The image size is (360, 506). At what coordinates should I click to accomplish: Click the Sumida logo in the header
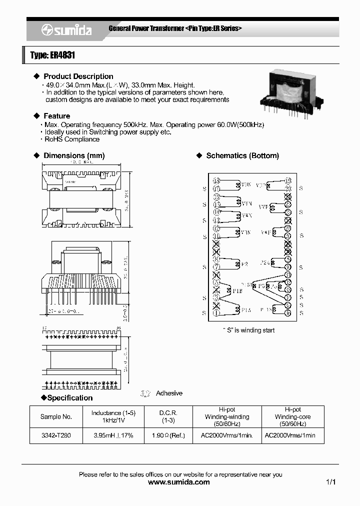pyautogui.click(x=66, y=30)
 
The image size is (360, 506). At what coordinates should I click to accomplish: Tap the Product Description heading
pyautogui.click(x=78, y=76)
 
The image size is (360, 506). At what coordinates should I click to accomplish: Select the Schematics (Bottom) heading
pyautogui.click(x=242, y=156)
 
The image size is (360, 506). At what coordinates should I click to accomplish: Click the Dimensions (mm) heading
pyautogui.click(x=74, y=156)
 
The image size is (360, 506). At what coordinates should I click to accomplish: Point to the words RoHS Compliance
pyautogui.click(x=72, y=139)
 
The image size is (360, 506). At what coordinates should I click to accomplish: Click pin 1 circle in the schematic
pyautogui.click(x=216, y=313)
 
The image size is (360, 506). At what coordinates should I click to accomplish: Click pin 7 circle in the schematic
pyautogui.click(x=216, y=267)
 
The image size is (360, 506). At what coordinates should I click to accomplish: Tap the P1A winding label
pyautogui.click(x=246, y=310)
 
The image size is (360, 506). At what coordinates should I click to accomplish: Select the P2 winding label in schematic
pyautogui.click(x=244, y=264)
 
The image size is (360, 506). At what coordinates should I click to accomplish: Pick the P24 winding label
pyautogui.click(x=265, y=262)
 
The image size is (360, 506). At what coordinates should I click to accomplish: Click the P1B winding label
pyautogui.click(x=237, y=290)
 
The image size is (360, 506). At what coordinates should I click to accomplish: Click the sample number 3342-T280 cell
pyautogui.click(x=56, y=435)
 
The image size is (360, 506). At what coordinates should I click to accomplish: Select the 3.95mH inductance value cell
pyautogui.click(x=113, y=435)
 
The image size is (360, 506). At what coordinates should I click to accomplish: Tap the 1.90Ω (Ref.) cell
pyautogui.click(x=167, y=435)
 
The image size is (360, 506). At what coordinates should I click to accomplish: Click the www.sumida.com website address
pyautogui.click(x=179, y=482)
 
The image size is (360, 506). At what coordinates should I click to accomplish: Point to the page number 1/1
pyautogui.click(x=330, y=482)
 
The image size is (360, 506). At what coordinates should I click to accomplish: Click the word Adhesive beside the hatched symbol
pyautogui.click(x=169, y=393)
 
